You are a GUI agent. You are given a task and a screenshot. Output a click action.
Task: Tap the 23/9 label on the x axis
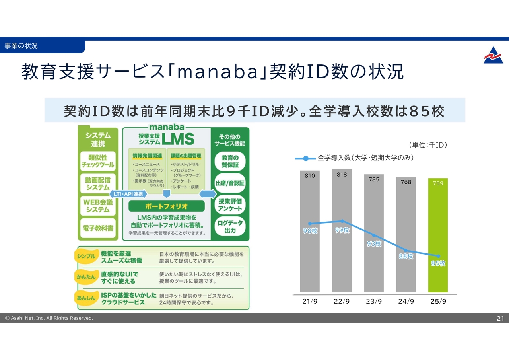coord(374,301)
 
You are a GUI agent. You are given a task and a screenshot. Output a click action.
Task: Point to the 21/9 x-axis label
coord(310,301)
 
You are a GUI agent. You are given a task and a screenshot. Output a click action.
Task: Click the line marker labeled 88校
coord(406,250)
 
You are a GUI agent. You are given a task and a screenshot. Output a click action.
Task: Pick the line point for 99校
coord(342,221)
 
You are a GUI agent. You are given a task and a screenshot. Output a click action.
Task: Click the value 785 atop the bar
coord(374,179)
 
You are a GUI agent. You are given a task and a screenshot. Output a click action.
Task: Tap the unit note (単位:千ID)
coord(428,145)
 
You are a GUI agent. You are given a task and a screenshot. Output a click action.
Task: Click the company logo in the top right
coord(493,55)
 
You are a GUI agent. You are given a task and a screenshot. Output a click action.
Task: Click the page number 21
coord(500,318)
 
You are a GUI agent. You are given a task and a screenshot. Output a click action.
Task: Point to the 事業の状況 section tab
coord(21,46)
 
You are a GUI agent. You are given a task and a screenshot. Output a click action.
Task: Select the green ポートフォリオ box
coord(167,206)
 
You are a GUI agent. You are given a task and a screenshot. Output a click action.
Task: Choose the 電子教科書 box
coord(98,228)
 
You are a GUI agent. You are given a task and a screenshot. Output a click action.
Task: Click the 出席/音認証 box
coord(230,183)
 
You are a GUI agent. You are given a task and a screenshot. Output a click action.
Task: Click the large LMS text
coord(178,139)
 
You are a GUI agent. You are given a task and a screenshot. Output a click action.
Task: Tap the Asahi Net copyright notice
coord(49,318)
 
